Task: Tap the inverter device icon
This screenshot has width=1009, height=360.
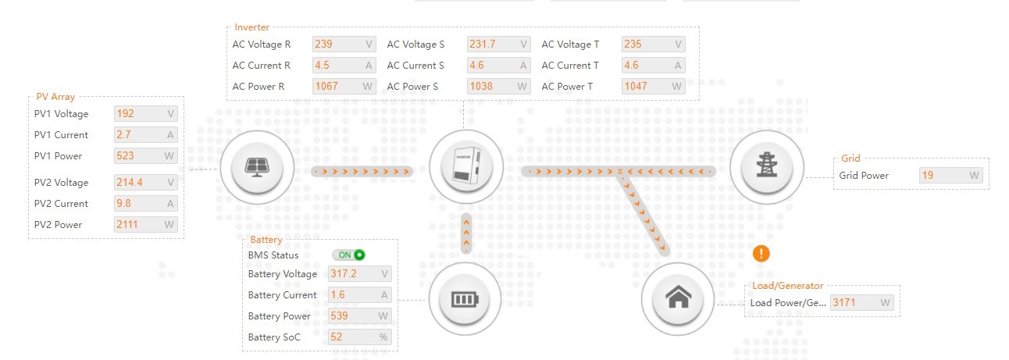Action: click(466, 166)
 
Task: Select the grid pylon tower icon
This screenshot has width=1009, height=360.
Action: click(766, 165)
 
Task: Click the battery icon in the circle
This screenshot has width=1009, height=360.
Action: click(465, 299)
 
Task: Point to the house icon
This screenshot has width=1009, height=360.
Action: click(678, 298)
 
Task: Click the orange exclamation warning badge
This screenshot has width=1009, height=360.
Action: click(761, 254)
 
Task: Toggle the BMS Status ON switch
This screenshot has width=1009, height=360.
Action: click(348, 255)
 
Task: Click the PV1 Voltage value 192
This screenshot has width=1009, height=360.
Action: click(125, 113)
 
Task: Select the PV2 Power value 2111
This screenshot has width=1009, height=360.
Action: click(127, 224)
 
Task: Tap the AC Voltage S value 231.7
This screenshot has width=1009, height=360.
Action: click(482, 45)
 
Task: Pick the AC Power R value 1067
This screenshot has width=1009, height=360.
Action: click(326, 86)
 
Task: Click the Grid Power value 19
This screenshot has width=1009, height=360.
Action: click(928, 175)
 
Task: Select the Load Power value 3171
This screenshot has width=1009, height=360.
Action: click(843, 302)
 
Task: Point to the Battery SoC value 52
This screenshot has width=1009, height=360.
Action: click(336, 337)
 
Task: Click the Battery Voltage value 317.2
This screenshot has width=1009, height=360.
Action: click(344, 273)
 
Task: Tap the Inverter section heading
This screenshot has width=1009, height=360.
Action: click(251, 27)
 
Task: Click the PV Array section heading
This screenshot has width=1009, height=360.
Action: click(55, 96)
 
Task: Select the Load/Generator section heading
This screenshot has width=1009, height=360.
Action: click(787, 285)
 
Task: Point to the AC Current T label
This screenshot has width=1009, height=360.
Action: click(570, 66)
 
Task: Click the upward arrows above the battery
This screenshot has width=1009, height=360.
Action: click(466, 233)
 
